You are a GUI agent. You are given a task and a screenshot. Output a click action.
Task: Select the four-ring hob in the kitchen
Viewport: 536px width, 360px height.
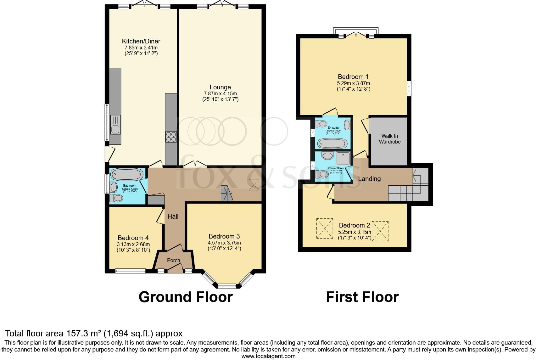pyautogui.click(x=170, y=137)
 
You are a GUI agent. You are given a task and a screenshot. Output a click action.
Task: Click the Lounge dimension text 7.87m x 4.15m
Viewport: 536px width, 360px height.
pyautogui.click(x=220, y=93)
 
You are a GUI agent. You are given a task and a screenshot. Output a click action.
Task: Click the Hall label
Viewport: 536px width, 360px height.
pyautogui.click(x=173, y=217)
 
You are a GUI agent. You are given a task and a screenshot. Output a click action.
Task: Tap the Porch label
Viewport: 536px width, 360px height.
pyautogui.click(x=173, y=260)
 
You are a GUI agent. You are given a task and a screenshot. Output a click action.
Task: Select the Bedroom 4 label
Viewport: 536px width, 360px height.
pyautogui.click(x=133, y=238)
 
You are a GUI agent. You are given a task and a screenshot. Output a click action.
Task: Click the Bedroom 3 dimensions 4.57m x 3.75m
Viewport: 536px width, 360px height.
pyautogui.click(x=224, y=243)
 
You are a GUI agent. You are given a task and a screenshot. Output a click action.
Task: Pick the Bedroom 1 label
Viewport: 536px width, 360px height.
pyautogui.click(x=353, y=77)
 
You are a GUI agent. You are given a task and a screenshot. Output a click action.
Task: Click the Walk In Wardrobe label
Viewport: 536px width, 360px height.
pyautogui.click(x=389, y=139)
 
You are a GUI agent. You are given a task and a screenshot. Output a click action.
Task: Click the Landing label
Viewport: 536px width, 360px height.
pyautogui.click(x=369, y=179)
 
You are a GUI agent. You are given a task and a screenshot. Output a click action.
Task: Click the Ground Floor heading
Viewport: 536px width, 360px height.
pyautogui.click(x=185, y=297)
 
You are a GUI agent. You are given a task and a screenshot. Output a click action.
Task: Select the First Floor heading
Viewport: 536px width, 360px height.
pyautogui.click(x=362, y=297)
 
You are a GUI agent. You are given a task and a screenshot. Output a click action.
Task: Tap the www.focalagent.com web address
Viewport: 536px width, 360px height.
pyautogui.click(x=268, y=356)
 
